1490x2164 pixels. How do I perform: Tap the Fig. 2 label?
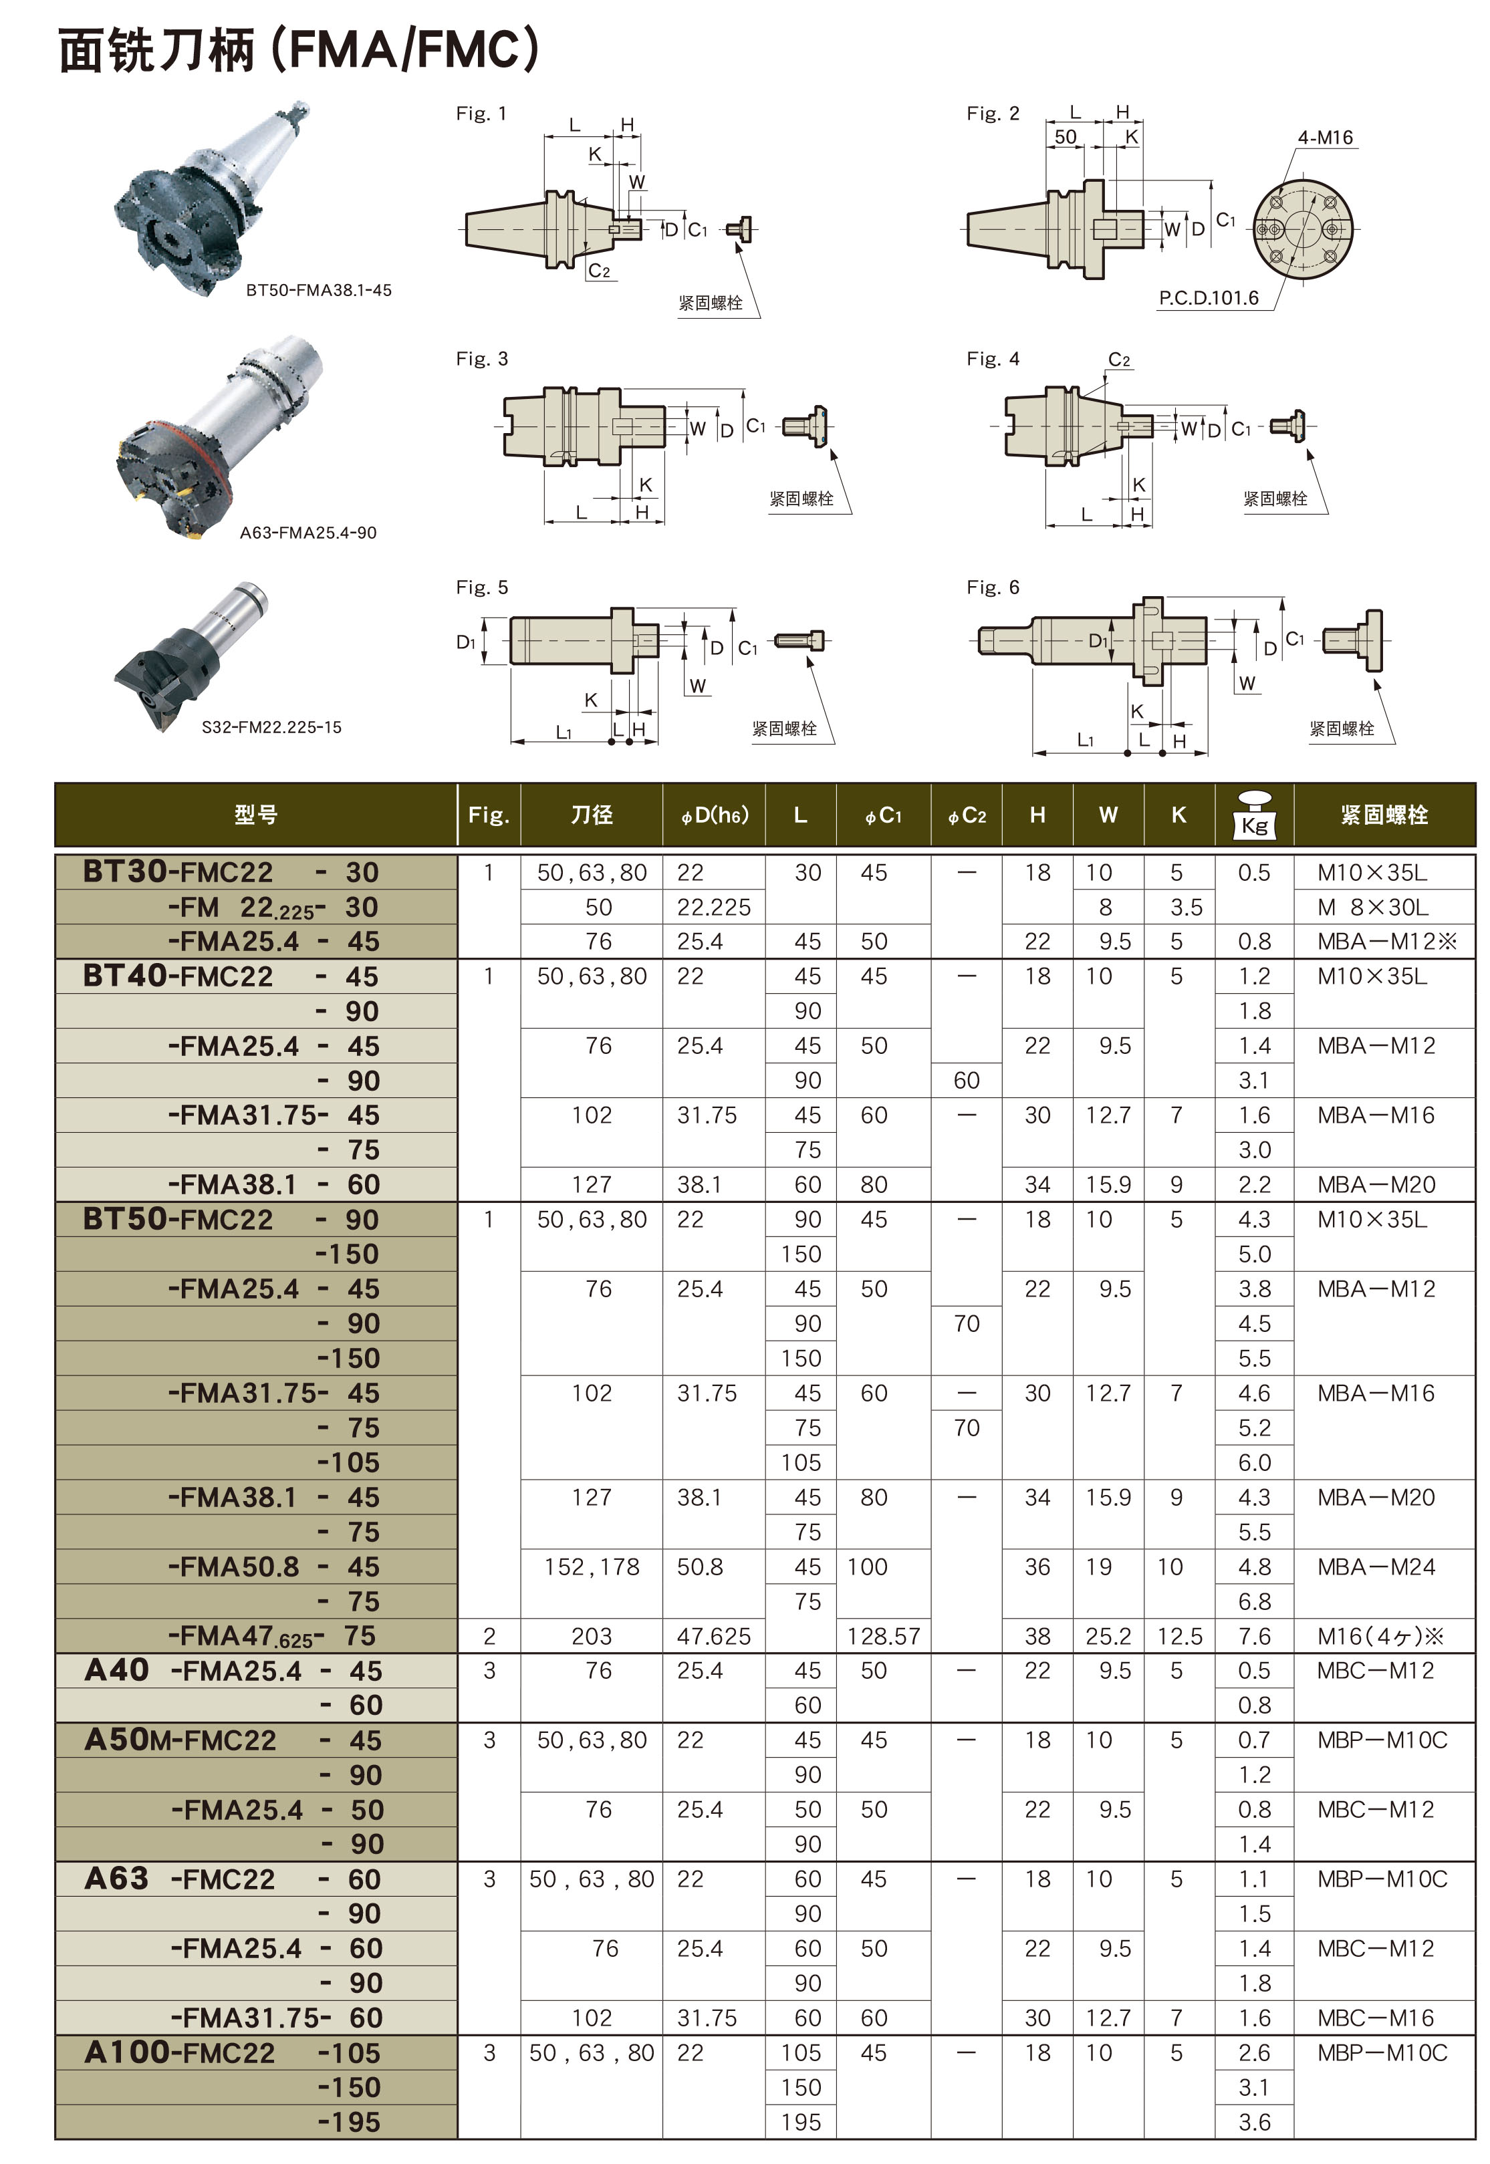pyautogui.click(x=993, y=114)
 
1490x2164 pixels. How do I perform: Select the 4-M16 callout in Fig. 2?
pyautogui.click(x=1324, y=138)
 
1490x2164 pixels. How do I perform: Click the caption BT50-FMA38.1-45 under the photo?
pyautogui.click(x=318, y=290)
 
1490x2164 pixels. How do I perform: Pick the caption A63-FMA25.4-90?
pyautogui.click(x=308, y=533)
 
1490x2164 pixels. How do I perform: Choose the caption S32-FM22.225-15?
pyautogui.click(x=271, y=727)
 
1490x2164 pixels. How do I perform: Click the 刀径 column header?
pyautogui.click(x=591, y=815)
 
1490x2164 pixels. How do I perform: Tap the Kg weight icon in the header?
pyautogui.click(x=1254, y=815)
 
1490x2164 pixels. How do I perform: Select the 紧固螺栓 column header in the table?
pyautogui.click(x=1384, y=815)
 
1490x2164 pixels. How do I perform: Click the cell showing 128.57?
pyautogui.click(x=883, y=1636)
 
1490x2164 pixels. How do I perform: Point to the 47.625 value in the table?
pyautogui.click(x=713, y=1636)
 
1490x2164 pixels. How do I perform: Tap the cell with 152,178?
pyautogui.click(x=592, y=1567)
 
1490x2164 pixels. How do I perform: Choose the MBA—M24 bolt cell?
pyautogui.click(x=1376, y=1567)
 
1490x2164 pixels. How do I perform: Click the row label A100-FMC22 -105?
pyautogui.click(x=231, y=2053)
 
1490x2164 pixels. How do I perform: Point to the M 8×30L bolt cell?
pyautogui.click(x=1372, y=907)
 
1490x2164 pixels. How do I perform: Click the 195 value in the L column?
pyautogui.click(x=801, y=2122)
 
